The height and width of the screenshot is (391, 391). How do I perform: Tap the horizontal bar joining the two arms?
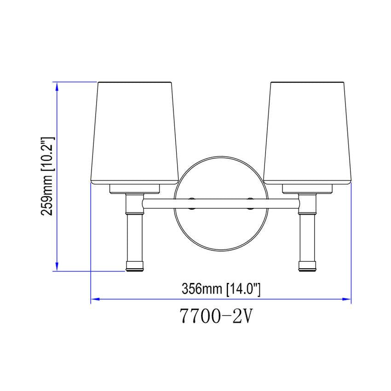pyautogui.click(x=221, y=202)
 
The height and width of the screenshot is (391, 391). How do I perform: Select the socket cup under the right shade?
pyautogui.click(x=308, y=188)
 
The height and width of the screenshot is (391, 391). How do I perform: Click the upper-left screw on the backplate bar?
pyautogui.click(x=193, y=199)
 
